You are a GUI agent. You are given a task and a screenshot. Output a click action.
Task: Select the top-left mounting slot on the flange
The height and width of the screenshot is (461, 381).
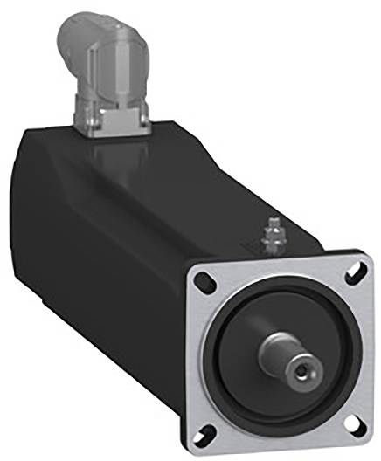click(203, 282)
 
